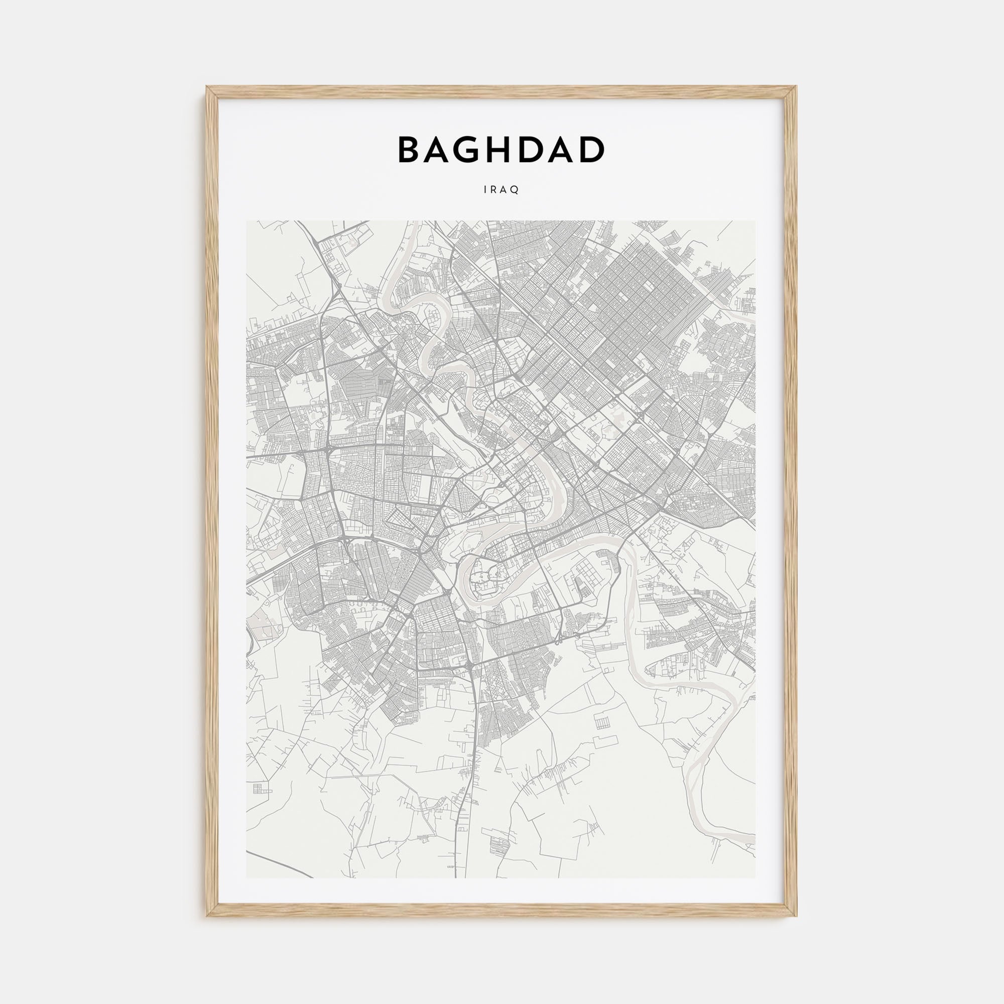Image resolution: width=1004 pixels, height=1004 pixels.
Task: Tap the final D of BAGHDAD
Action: pos(592,150)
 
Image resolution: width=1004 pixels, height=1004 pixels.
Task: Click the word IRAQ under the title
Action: pos(501,190)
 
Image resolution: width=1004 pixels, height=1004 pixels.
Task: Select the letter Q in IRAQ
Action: pos(516,190)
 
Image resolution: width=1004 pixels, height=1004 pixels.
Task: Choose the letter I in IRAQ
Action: pos(485,190)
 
